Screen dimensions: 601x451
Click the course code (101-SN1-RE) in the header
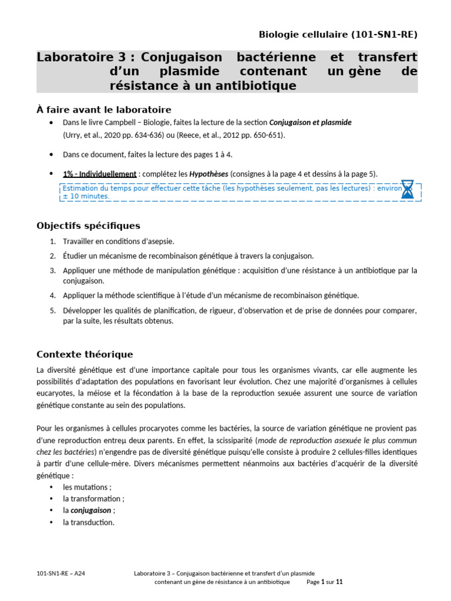pos(384,35)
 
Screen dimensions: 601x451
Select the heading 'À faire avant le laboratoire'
pos(103,110)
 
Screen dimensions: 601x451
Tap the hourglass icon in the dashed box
pos(408,190)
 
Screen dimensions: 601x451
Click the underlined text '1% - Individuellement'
pos(100,174)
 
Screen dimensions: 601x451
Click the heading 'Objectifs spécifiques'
pos(88,225)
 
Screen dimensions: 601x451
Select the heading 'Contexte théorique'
pos(85,354)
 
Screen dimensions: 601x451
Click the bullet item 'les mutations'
pos(87,487)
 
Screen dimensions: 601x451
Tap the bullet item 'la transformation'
pos(93,498)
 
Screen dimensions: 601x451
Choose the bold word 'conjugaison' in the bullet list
pos(90,510)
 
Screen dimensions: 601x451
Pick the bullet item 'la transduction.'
pos(89,522)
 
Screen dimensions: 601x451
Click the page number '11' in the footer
pos(339,582)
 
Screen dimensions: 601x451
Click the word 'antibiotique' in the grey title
pos(254,86)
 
